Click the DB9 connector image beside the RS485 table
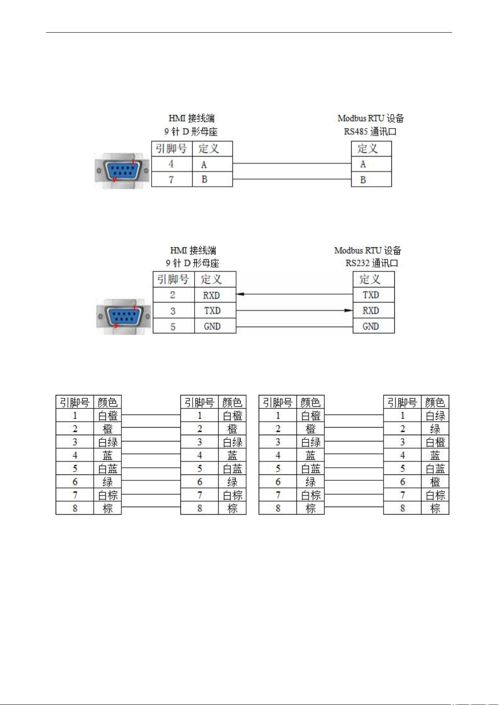pyautogui.click(x=122, y=171)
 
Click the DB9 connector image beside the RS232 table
pyautogui.click(x=124, y=316)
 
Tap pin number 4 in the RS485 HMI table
pyautogui.click(x=171, y=164)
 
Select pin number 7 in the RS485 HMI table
pyautogui.click(x=171, y=179)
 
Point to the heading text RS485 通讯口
pyautogui.click(x=370, y=131)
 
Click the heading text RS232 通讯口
pyautogui.click(x=372, y=263)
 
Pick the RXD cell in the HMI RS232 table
pyautogui.click(x=211, y=295)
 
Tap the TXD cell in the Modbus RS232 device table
pyautogui.click(x=371, y=295)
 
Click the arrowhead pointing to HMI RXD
pyautogui.click(x=240, y=294)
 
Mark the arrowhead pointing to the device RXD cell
pyautogui.click(x=349, y=310)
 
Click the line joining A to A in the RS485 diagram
pyautogui.click(x=292, y=163)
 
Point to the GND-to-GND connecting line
pyautogui.click(x=294, y=327)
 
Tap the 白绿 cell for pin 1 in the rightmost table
pyautogui.click(x=435, y=416)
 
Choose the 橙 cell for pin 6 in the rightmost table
pyautogui.click(x=435, y=482)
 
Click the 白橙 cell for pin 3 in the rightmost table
pyautogui.click(x=435, y=442)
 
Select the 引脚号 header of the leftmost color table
pyautogui.click(x=75, y=402)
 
